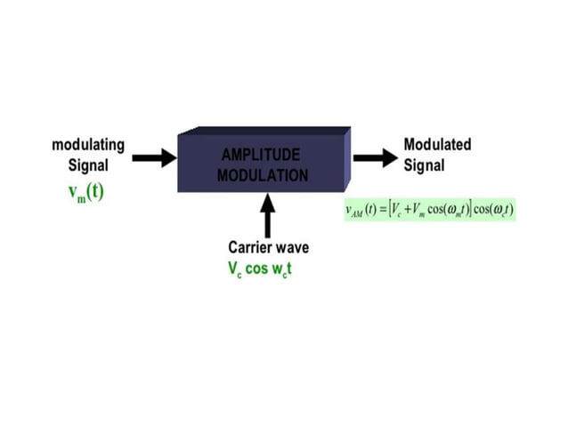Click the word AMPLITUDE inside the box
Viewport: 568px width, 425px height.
coord(262,155)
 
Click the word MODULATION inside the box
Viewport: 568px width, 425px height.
coord(262,174)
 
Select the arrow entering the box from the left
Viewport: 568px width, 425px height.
coord(154,158)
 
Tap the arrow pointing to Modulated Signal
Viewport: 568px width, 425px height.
coord(374,158)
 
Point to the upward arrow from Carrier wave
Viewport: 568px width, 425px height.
coord(266,215)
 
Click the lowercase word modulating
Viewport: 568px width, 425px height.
coord(87,145)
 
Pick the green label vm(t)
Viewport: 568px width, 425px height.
coord(86,191)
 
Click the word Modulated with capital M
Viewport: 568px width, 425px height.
coord(437,145)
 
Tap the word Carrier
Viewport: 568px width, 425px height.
coord(249,248)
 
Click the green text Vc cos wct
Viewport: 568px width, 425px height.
coord(259,268)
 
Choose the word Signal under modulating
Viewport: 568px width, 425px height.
coord(87,165)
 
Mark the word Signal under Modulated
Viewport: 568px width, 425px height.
coord(424,165)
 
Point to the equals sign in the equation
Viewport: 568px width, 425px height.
coord(385,211)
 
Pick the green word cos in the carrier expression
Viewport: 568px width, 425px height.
coord(257,268)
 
